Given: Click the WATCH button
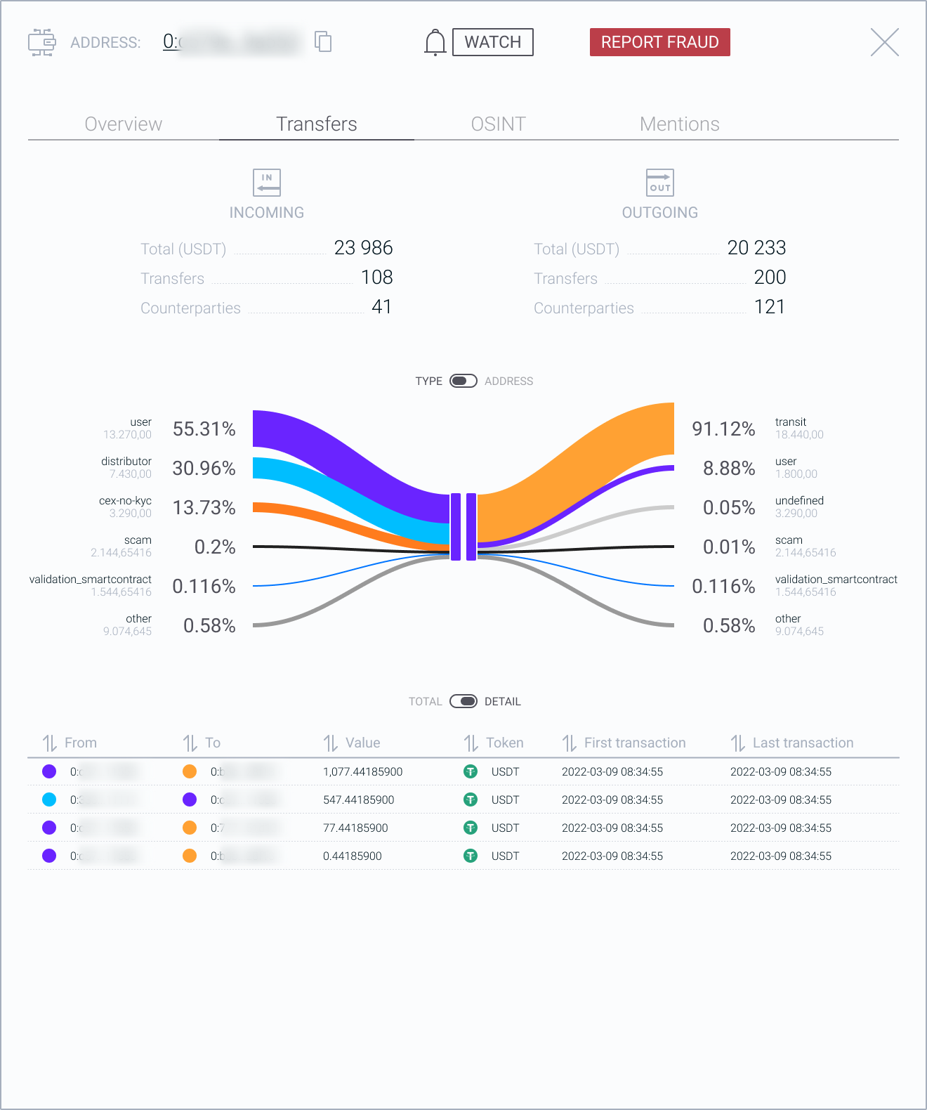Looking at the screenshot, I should click(492, 42).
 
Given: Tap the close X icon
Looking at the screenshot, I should click(884, 42).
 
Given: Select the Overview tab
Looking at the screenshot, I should click(124, 124).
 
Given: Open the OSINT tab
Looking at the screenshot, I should click(498, 124).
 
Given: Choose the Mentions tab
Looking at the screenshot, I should click(679, 124).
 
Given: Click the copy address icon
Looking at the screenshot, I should click(323, 41).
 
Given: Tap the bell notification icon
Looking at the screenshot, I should click(435, 42).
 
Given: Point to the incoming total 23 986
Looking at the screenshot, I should click(363, 248).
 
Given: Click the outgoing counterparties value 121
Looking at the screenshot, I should click(769, 307).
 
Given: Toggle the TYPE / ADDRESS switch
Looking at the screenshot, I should click(463, 381).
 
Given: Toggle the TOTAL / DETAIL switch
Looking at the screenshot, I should click(463, 701).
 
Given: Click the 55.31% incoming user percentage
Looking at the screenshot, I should click(204, 429).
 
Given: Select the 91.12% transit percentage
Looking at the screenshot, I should click(723, 429).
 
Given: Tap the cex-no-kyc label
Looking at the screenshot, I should click(125, 501).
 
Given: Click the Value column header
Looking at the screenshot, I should click(362, 743).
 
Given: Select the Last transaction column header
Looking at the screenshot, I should click(803, 743).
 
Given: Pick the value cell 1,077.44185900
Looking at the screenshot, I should click(362, 771).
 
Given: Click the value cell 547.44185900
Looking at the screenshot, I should click(358, 799).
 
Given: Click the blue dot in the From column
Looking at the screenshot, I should click(49, 799).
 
